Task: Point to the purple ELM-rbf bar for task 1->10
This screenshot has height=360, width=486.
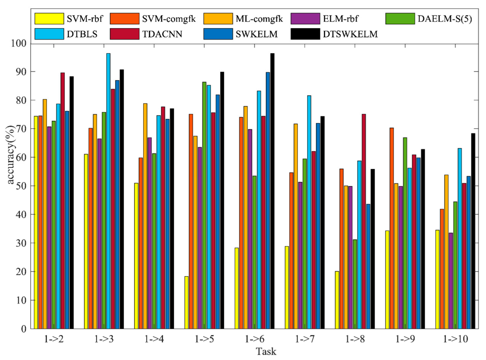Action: (x=451, y=280)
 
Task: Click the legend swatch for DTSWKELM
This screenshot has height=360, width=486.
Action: (x=305, y=34)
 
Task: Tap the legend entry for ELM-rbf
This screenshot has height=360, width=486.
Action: (x=340, y=19)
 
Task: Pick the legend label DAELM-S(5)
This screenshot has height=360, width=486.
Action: (x=444, y=19)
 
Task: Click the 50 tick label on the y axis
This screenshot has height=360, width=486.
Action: (x=21, y=186)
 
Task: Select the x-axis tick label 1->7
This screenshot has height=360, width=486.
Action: (x=305, y=339)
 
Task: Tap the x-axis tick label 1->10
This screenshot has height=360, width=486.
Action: (x=455, y=339)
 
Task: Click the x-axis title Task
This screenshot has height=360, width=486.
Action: (x=266, y=351)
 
